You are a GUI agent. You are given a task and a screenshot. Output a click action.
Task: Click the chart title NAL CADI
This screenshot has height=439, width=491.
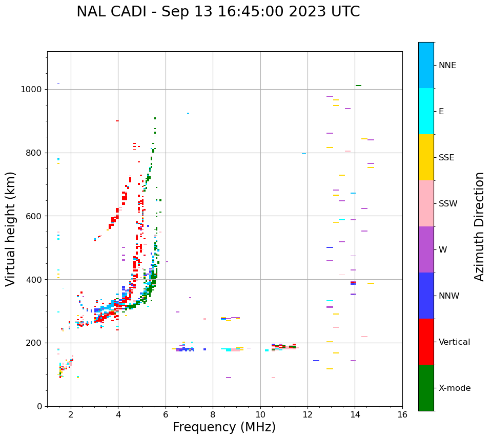218,12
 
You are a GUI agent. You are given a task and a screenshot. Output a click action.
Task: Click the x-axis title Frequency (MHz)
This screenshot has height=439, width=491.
224,427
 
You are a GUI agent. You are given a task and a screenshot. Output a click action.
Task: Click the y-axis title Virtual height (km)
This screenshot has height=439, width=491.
11,229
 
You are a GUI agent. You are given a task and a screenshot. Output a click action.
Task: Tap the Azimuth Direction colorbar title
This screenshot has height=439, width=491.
479,226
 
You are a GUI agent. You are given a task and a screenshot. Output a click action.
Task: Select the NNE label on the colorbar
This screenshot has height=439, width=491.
447,66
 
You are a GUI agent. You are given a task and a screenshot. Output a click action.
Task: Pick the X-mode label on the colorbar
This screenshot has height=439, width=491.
454,388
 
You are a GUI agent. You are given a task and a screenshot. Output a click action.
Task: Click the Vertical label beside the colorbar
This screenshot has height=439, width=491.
454,342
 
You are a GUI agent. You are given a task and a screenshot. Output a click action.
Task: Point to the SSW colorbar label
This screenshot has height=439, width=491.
447,204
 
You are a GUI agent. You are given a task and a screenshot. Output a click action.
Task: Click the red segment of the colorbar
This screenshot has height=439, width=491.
426,342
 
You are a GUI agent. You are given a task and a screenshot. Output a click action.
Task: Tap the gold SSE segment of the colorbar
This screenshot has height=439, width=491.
426,157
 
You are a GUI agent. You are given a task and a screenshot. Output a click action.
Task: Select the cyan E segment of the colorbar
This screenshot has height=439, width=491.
426,111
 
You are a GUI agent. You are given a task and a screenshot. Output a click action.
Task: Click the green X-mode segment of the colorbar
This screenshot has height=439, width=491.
426,388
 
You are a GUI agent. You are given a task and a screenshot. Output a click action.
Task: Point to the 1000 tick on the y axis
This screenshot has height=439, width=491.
32,89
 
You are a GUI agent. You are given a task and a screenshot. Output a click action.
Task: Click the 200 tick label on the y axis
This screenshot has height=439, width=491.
35,343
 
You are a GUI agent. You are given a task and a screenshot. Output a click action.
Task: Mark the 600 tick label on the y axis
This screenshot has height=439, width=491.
35,216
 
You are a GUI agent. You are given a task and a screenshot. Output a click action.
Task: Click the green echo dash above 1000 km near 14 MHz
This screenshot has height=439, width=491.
358,86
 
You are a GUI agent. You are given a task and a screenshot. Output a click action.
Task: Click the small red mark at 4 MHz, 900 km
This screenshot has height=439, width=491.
117,121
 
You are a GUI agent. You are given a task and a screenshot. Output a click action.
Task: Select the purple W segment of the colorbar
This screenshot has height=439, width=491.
426,249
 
